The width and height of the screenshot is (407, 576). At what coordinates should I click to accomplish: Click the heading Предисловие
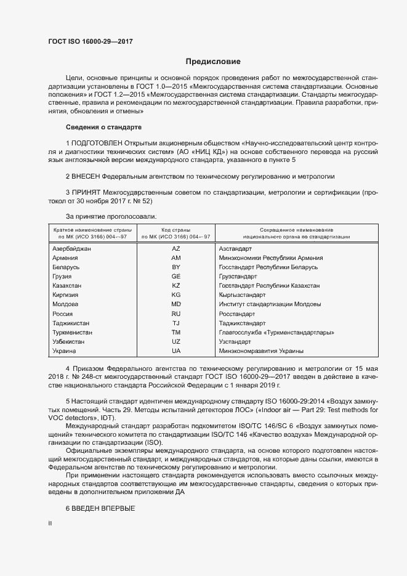pos(213,62)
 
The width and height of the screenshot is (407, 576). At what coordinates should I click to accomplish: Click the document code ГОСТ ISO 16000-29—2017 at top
pos(90,42)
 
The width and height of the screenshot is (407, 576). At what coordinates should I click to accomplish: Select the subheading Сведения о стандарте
pos(103,127)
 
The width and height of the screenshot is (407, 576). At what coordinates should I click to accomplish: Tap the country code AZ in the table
pos(175,248)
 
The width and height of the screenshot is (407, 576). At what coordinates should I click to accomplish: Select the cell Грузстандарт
pos(238,277)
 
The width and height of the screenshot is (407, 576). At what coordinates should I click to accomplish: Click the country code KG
pos(175,295)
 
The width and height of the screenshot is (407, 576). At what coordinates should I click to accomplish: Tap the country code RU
pos(175,314)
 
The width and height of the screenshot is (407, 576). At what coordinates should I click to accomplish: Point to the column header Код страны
pos(175,229)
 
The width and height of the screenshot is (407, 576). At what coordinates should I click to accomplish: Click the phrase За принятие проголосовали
pos(111,216)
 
